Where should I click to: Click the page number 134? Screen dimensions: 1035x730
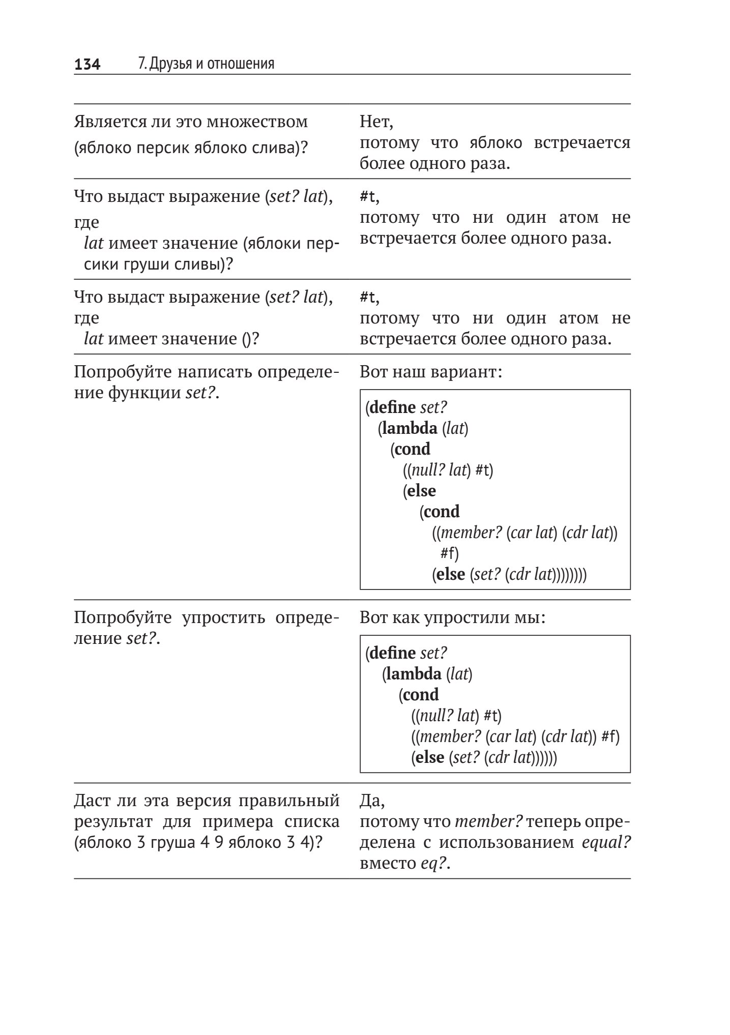pos(87,64)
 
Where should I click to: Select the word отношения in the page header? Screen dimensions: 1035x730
pos(243,64)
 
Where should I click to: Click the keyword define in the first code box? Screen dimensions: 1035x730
pos(393,407)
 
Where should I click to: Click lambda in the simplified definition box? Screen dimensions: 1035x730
pos(414,674)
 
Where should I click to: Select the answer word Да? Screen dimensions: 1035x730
pos(372,801)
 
